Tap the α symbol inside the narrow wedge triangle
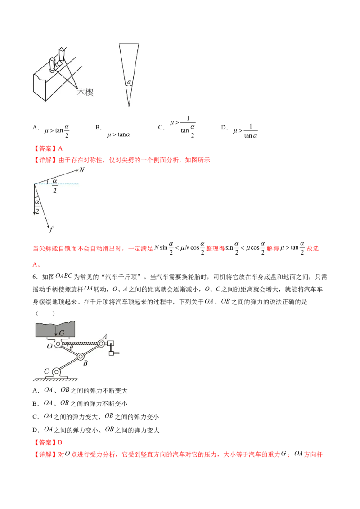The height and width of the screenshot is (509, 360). [129, 82]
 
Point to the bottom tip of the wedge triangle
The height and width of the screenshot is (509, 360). [129, 107]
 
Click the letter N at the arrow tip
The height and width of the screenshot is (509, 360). [82, 170]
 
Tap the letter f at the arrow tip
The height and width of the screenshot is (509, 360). [51, 229]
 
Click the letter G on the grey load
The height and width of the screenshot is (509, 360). [62, 333]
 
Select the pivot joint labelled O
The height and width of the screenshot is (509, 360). [58, 344]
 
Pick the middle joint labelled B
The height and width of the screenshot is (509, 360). [81, 357]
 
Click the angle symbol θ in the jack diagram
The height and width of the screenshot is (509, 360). [71, 347]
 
